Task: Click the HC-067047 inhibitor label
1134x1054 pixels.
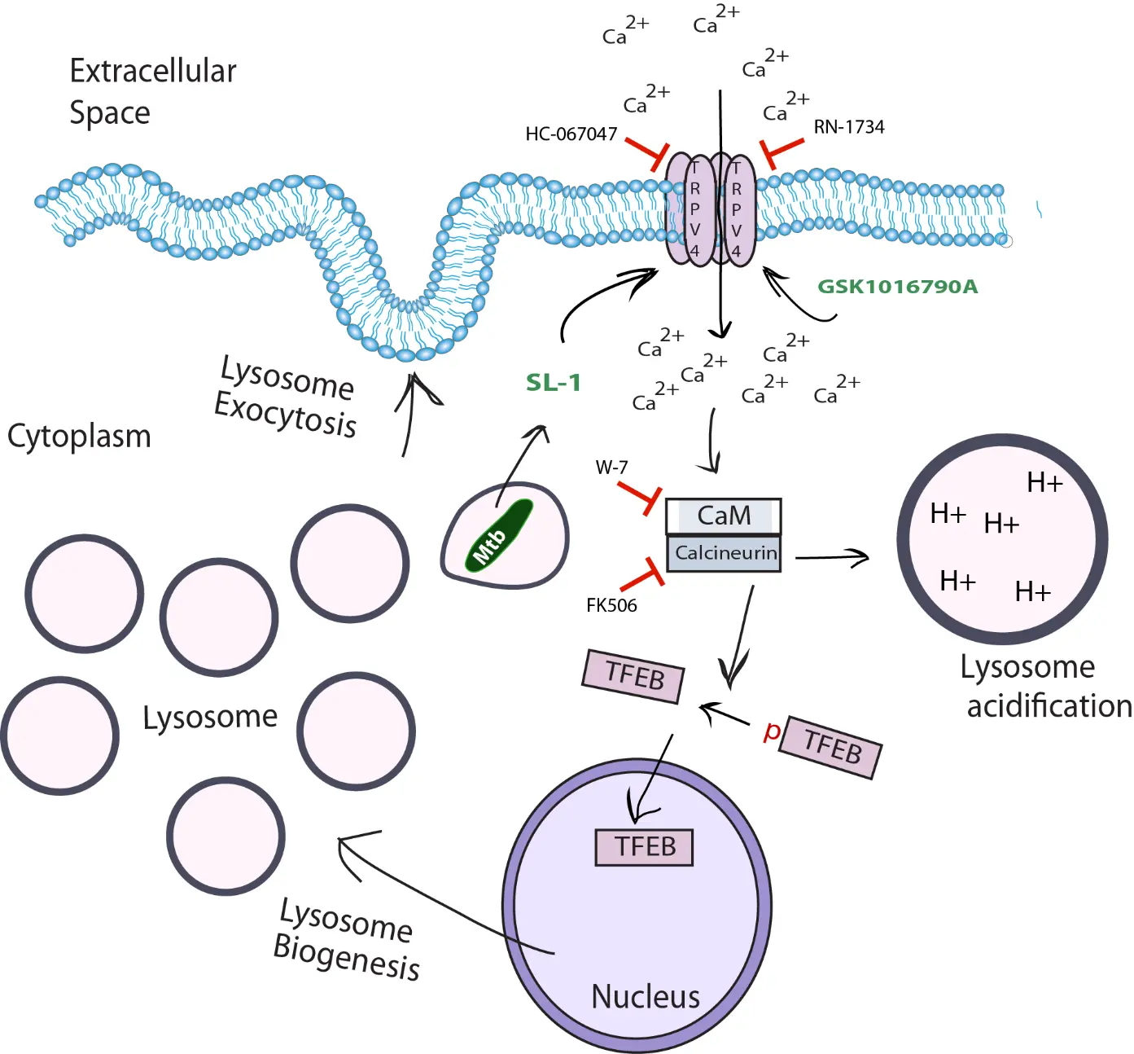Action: point(571,134)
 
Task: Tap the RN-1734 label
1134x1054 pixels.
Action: point(848,127)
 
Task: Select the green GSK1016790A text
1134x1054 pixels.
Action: point(897,287)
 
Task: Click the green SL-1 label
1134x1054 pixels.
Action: point(554,382)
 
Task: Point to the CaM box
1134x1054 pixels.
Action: point(723,516)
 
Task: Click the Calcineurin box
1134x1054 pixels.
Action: point(725,553)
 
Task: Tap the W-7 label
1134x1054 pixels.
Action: point(611,468)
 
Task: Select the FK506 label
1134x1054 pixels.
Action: point(611,605)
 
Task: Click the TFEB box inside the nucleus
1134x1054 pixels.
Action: point(644,847)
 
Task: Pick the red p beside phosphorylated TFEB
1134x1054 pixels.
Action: point(771,731)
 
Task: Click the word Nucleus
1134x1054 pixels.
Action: point(645,996)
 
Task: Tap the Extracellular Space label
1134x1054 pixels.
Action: point(152,91)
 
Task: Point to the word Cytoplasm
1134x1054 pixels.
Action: point(79,436)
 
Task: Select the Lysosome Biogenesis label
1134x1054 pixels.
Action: point(345,940)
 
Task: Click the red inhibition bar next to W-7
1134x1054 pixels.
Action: point(640,495)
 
